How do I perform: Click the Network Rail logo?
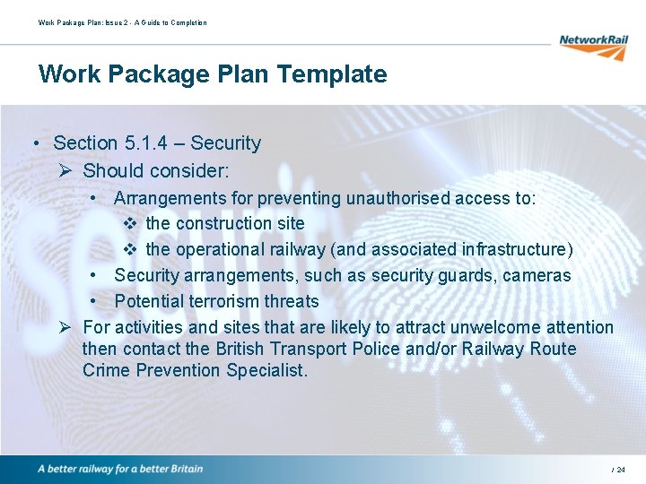[x=593, y=46]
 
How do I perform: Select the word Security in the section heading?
[x=225, y=143]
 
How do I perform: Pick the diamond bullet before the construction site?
[x=129, y=223]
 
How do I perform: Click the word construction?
[x=216, y=223]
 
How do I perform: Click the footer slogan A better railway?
[x=120, y=469]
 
